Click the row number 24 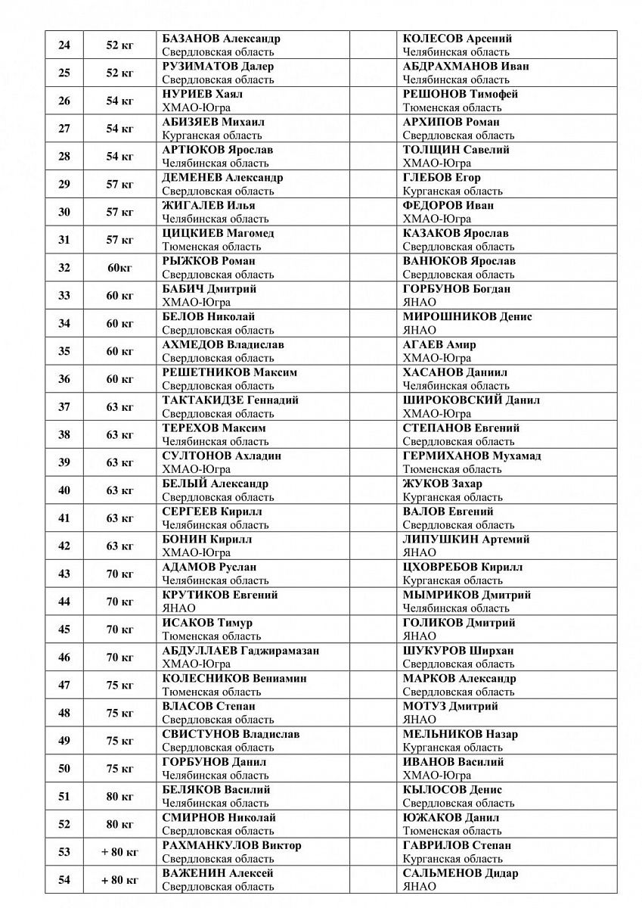[x=64, y=45]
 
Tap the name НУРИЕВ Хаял [x=203, y=95]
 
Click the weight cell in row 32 [x=119, y=268]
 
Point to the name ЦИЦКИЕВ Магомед [x=218, y=233]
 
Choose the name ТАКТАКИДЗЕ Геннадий [x=231, y=400]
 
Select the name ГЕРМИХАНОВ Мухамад [x=482, y=456]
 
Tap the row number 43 [x=64, y=574]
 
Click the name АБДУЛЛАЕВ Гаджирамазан [x=240, y=651]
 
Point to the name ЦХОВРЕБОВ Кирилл [x=473, y=567]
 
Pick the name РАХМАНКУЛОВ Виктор [x=231, y=845]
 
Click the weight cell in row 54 [x=119, y=880]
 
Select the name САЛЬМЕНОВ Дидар [x=461, y=873]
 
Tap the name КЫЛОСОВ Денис [x=453, y=790]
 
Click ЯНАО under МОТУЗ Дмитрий [x=420, y=720]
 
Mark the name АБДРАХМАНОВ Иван [x=466, y=67]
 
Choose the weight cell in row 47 [x=119, y=686]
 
